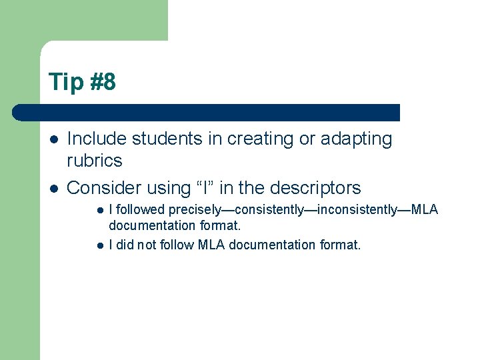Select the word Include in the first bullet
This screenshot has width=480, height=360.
point(97,139)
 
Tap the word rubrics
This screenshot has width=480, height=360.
point(95,161)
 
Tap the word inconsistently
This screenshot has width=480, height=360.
point(357,209)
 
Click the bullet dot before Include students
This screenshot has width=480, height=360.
point(53,139)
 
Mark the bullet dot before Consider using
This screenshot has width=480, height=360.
point(53,188)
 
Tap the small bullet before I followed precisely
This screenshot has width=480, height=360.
point(99,210)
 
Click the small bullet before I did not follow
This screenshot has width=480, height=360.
point(99,245)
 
